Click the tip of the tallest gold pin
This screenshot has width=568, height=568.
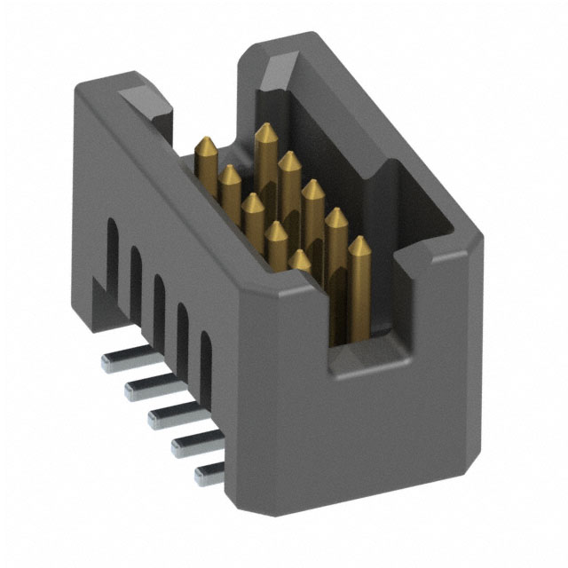pos(264,130)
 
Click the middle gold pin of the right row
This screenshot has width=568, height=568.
pos(312,188)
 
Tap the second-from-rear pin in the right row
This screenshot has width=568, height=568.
pos(288,159)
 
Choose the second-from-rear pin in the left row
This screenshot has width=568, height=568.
pos(230,170)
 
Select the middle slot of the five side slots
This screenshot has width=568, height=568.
pos(160,300)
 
